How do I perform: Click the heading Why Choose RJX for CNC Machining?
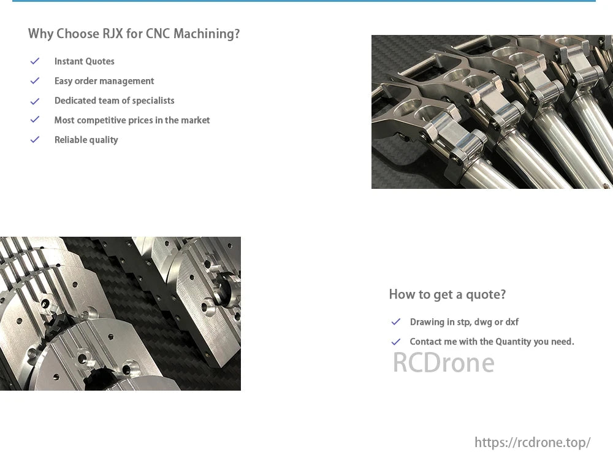[x=134, y=34]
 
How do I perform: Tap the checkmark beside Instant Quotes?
[x=35, y=61]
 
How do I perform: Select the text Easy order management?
[x=104, y=82]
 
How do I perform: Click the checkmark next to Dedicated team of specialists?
[x=35, y=101]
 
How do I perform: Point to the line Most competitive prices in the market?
[x=132, y=120]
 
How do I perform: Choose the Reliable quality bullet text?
[x=86, y=140]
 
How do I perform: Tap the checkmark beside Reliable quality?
[x=35, y=140]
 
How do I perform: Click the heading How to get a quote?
[x=447, y=294]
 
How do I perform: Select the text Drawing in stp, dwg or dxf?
[x=464, y=322]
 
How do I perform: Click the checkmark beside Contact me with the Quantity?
[x=395, y=342]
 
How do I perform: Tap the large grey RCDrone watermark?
[x=443, y=362]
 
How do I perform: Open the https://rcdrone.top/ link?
[x=533, y=443]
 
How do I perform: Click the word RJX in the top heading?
[x=112, y=34]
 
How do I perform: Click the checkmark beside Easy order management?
[x=35, y=80]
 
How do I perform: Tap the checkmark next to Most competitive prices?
[x=35, y=120]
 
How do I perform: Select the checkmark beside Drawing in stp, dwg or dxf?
[x=395, y=321]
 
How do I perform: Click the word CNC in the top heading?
[x=158, y=34]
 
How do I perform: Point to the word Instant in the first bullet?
[x=68, y=61]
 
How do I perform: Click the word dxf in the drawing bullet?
[x=512, y=322]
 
